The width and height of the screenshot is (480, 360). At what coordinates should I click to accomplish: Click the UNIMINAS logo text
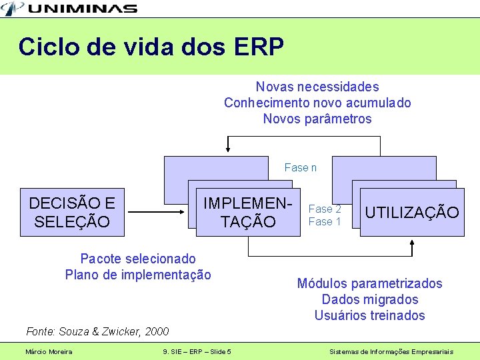point(83,9)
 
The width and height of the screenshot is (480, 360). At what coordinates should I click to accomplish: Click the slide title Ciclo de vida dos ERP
point(151,47)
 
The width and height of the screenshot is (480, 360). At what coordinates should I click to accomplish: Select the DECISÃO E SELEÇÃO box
point(72,213)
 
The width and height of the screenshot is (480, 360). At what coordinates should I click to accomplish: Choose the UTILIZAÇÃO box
point(412,213)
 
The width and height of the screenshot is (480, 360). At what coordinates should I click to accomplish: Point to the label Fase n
point(301,167)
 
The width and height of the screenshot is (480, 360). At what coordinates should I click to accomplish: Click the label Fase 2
point(325,209)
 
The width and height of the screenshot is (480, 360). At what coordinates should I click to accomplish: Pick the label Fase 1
point(325,221)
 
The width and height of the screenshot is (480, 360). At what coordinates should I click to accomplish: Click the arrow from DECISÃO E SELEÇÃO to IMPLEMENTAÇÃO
point(157,213)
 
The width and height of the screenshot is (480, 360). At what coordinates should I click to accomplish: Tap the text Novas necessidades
point(317,87)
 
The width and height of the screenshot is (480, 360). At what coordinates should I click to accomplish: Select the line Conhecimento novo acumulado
point(317,103)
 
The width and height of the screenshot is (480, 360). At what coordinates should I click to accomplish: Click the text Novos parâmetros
point(317,119)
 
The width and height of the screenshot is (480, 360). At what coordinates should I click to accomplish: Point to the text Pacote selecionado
point(138,259)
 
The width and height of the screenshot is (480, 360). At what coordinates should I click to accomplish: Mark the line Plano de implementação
point(138,275)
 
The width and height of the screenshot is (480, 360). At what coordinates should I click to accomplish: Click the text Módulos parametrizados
point(369,283)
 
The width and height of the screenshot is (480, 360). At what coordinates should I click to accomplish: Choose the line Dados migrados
point(369,299)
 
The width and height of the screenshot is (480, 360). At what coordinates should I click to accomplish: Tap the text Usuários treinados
point(369,315)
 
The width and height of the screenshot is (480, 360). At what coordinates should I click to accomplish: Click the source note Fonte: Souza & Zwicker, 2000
point(97,331)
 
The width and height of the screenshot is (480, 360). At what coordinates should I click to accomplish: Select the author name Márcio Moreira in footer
point(49,351)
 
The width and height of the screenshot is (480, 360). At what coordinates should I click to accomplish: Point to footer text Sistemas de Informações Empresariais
point(392,351)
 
